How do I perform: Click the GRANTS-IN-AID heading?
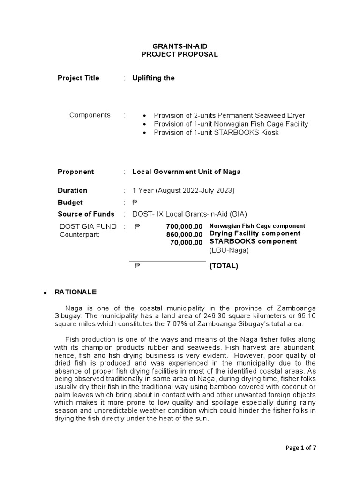[x=180, y=46]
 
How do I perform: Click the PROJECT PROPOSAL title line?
[x=180, y=54]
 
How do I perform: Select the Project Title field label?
[x=78, y=78]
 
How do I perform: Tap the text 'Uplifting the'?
[x=153, y=78]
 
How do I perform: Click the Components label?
[x=90, y=115]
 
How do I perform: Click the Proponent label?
[x=75, y=172]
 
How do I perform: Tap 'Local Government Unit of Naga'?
[x=187, y=172]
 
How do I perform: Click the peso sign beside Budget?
[x=135, y=202]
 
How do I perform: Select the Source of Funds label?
[x=86, y=214]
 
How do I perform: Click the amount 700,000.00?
[x=184, y=226]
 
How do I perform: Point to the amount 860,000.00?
[x=184, y=234]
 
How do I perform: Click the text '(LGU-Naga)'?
[x=229, y=250]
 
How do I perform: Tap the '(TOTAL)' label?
[x=224, y=266]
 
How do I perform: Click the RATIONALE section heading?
[x=75, y=292]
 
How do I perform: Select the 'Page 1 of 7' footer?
[x=301, y=448]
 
